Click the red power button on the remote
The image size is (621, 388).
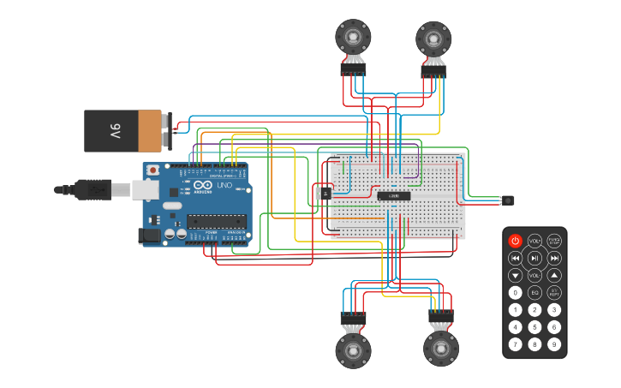[x=515, y=241]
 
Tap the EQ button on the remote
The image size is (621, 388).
[x=534, y=292]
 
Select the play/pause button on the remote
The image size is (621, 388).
[x=534, y=258]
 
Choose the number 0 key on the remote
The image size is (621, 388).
[x=515, y=292]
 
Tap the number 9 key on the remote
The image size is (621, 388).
[x=554, y=344]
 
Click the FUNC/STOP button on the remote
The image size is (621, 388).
[x=554, y=241]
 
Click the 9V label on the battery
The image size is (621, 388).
[x=115, y=131]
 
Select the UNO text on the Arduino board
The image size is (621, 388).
[x=224, y=186]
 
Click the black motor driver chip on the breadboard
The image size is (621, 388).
[x=394, y=195]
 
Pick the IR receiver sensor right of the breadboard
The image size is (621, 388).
[x=509, y=200]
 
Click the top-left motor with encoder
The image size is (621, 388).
[x=353, y=37]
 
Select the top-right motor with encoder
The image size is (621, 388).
[x=433, y=39]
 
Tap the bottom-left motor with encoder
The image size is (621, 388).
[x=353, y=349]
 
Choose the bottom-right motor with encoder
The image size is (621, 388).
[x=441, y=349]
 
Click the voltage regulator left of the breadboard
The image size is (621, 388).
[x=324, y=194]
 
